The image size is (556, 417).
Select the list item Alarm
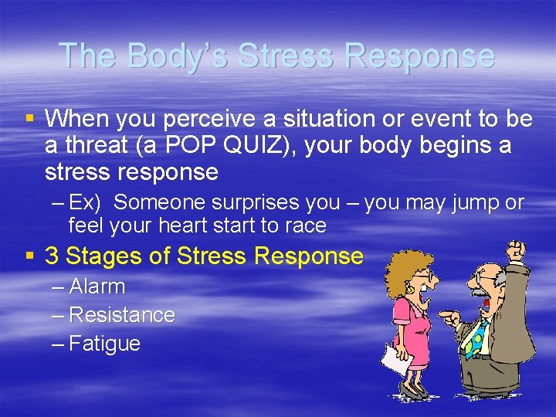click(x=97, y=286)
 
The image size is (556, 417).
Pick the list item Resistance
click(x=121, y=315)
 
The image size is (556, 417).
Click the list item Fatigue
click(x=104, y=344)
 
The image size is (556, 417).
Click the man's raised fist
click(x=516, y=252)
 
